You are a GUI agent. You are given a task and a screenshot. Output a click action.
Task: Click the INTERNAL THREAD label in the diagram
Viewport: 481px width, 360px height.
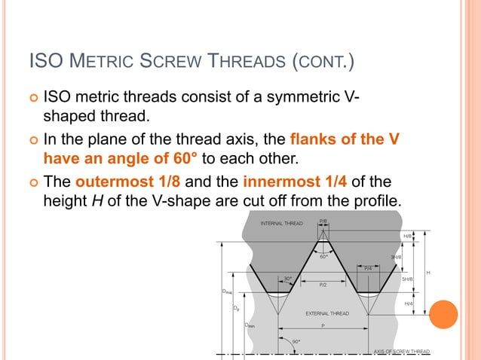click(281, 224)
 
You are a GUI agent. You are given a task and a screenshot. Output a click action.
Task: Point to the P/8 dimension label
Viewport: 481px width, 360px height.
click(323, 221)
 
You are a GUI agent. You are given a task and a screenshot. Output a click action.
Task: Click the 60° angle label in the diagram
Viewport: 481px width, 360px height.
click(323, 256)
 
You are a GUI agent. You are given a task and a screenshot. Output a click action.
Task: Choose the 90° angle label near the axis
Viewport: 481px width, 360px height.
click(296, 341)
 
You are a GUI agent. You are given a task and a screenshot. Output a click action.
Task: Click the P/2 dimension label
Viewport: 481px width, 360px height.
click(323, 285)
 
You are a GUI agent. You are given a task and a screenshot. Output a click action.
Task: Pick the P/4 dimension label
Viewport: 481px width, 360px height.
click(368, 267)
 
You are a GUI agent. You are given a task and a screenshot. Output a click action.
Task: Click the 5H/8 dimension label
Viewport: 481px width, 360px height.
click(407, 279)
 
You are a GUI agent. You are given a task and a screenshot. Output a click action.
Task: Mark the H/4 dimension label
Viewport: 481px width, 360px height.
click(408, 304)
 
